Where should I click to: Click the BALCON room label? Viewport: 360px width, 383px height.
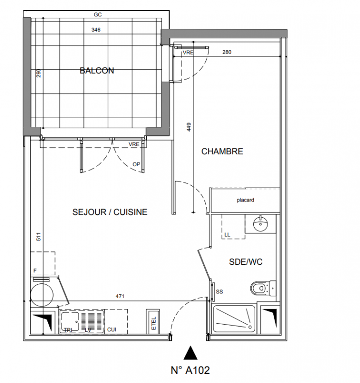pyautogui.click(x=97, y=70)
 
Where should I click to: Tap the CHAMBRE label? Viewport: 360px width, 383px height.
pyautogui.click(x=222, y=151)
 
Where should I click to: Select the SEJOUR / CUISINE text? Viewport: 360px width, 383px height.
pyautogui.click(x=110, y=212)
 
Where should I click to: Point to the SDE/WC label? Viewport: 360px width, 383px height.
pyautogui.click(x=246, y=262)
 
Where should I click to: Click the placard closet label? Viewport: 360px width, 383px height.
pyautogui.click(x=246, y=200)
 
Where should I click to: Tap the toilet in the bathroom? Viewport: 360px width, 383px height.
pyautogui.click(x=263, y=289)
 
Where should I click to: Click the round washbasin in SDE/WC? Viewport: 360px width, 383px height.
pyautogui.click(x=260, y=224)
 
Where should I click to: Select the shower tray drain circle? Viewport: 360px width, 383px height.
pyautogui.click(x=250, y=327)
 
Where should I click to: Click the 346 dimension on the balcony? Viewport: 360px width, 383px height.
pyautogui.click(x=96, y=30)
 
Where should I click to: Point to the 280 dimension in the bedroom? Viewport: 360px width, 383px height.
pyautogui.click(x=227, y=52)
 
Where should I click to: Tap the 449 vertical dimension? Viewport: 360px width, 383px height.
pyautogui.click(x=189, y=127)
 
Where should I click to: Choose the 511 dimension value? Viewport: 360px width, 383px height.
pyautogui.click(x=39, y=237)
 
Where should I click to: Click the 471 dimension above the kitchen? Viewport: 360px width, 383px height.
pyautogui.click(x=120, y=296)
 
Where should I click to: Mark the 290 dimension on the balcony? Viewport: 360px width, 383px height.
pyautogui.click(x=39, y=73)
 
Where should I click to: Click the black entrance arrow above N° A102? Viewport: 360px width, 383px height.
pyautogui.click(x=191, y=353)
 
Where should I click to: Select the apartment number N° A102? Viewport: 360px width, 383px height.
pyautogui.click(x=190, y=370)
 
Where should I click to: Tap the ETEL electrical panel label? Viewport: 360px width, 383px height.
pyautogui.click(x=154, y=324)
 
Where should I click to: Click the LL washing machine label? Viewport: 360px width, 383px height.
pyautogui.click(x=227, y=235)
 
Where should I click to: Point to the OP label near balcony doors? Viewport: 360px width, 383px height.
pyautogui.click(x=136, y=164)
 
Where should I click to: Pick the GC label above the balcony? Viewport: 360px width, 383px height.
pyautogui.click(x=98, y=15)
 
